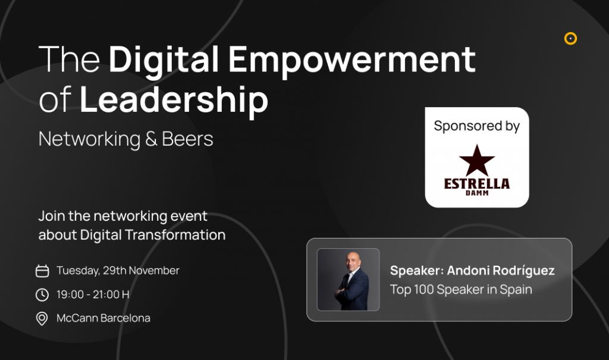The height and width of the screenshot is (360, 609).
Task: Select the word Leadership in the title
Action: [x=174, y=101]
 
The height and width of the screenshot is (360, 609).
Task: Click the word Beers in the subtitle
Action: [x=187, y=139]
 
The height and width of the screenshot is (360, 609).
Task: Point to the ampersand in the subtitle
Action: [x=150, y=139]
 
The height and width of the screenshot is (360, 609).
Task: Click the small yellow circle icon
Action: [x=570, y=39]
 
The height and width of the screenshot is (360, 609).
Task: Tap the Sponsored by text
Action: [x=476, y=126]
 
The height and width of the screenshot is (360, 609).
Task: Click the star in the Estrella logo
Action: [x=477, y=160]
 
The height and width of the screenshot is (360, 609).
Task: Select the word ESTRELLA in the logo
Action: [x=477, y=184]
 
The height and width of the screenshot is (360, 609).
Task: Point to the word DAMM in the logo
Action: [x=477, y=193]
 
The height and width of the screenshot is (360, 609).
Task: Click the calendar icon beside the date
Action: [x=42, y=271]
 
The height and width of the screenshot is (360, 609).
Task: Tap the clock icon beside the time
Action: [x=42, y=295]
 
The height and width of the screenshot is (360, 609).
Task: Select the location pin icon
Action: [x=42, y=318]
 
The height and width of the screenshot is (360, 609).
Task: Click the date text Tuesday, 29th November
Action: [x=118, y=271]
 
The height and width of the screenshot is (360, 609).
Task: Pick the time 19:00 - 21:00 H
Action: [x=93, y=295]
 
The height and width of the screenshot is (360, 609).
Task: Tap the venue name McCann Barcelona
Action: [x=103, y=318]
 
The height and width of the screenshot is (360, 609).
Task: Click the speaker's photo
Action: [x=349, y=280]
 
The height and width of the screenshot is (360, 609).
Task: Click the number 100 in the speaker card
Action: [x=423, y=289]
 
